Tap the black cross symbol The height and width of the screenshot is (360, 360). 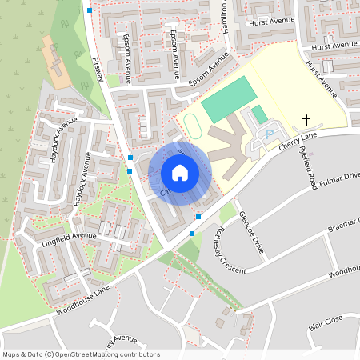[305, 121]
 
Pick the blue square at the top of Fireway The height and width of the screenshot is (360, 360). [90, 10]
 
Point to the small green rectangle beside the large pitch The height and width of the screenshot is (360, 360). [259, 114]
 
